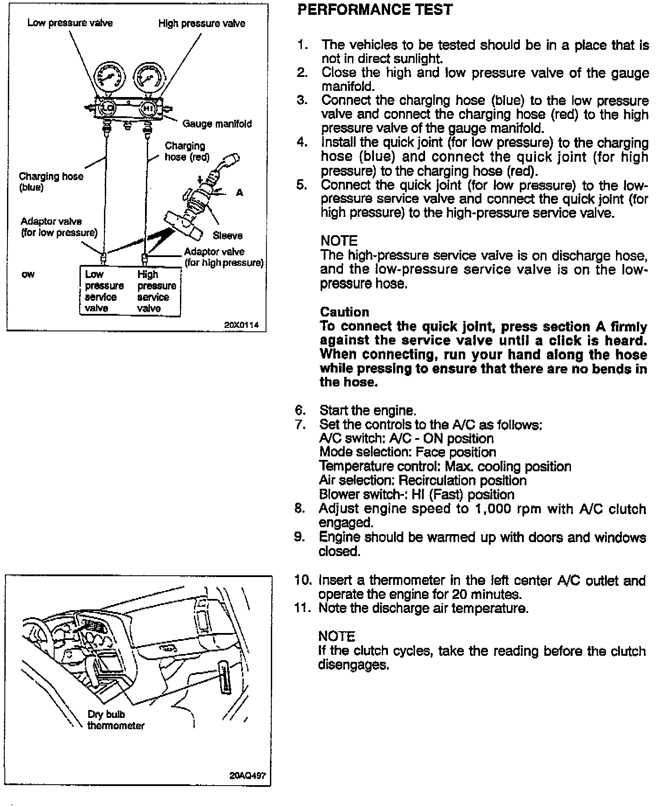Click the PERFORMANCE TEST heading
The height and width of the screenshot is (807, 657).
(375, 10)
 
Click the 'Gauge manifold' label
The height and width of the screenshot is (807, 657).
(217, 124)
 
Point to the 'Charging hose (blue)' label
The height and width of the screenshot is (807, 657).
(51, 182)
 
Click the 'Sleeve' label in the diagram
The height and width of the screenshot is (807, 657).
(228, 236)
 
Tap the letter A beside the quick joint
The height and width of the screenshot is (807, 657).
(239, 192)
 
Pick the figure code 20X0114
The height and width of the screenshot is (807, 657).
(241, 325)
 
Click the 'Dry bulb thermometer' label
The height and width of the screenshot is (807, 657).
(115, 720)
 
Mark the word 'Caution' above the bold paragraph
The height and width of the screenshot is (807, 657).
(345, 312)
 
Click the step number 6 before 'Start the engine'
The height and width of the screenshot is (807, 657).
(300, 410)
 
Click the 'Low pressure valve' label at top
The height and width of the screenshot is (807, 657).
(70, 23)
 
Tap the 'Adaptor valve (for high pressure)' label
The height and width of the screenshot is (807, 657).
(224, 257)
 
